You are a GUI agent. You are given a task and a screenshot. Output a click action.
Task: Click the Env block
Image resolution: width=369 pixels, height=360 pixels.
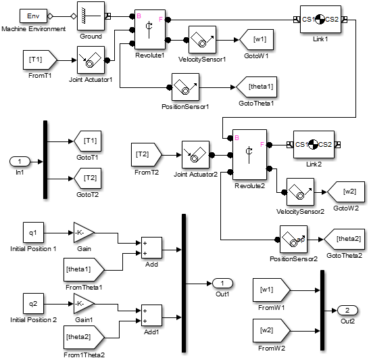pos(32,16)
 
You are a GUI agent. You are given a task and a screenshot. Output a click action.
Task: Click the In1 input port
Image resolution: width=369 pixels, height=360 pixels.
pos(20,162)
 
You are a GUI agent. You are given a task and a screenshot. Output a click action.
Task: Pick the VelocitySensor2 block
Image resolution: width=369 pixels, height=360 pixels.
pos(300,192)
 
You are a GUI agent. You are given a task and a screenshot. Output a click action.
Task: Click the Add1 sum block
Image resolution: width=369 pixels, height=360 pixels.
pos(151,316)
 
